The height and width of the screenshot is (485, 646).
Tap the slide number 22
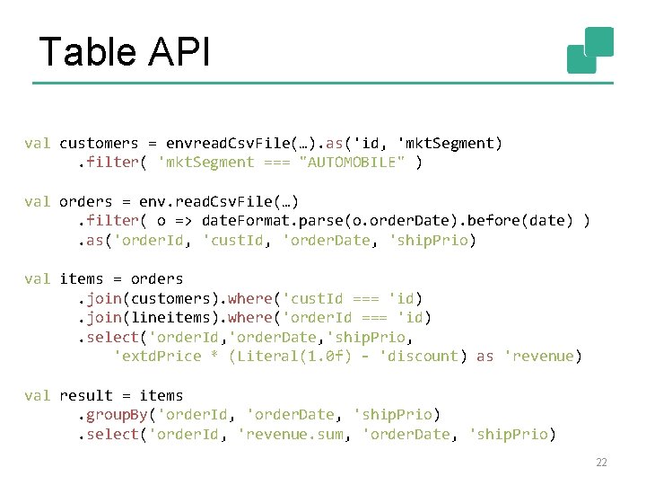click(x=601, y=463)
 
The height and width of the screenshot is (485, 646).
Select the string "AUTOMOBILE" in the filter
click(x=352, y=163)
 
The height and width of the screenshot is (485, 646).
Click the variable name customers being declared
click(x=99, y=144)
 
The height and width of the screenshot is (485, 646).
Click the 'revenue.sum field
click(x=295, y=435)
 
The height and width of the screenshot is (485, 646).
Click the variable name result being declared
click(x=85, y=396)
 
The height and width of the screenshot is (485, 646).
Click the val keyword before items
click(x=37, y=279)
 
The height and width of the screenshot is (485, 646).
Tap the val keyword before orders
click(x=37, y=202)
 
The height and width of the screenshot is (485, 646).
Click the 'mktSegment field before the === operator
click(x=205, y=163)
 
